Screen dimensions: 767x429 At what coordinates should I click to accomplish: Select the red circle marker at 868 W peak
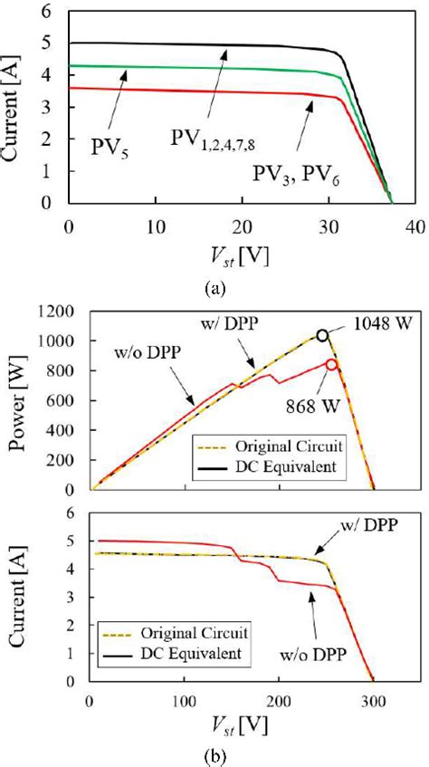(x=332, y=365)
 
